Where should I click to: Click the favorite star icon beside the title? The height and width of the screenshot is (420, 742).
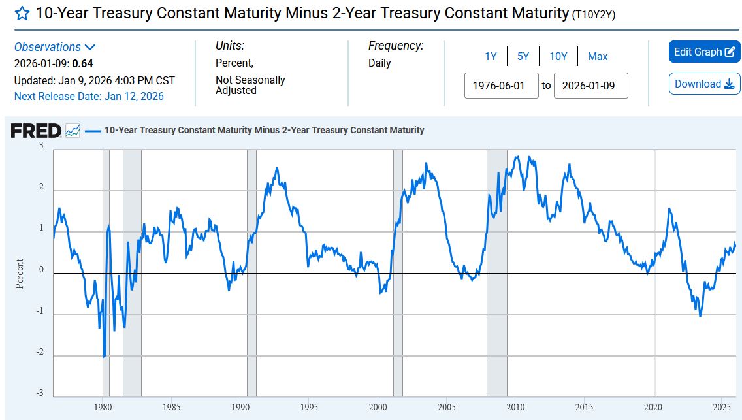coord(22,13)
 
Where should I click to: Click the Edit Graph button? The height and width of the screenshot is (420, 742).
coord(704,52)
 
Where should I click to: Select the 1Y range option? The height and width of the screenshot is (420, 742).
coord(491,56)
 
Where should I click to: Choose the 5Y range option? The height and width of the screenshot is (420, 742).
coord(523,56)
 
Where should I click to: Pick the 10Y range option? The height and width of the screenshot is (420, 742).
coord(558,56)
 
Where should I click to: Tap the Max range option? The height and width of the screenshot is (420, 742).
coord(598,56)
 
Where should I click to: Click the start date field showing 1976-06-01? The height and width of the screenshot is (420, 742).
coord(501,86)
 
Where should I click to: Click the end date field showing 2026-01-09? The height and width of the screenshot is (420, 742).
coord(590,86)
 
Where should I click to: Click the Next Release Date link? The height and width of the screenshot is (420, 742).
coord(89,96)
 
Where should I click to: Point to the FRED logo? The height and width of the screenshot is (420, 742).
coord(37,131)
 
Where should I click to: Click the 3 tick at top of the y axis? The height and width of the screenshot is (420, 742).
coord(41,145)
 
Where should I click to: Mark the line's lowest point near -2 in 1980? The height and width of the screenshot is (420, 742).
coord(104,357)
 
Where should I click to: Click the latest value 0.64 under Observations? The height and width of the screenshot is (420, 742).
coord(82,63)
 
